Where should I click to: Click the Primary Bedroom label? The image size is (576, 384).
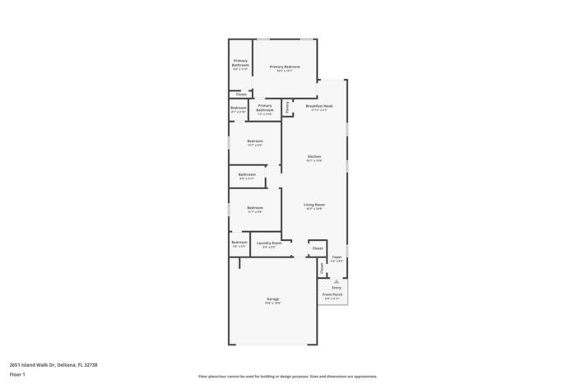point(285,67)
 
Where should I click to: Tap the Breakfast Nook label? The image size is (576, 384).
point(318,106)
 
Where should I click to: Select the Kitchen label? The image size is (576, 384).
point(314,156)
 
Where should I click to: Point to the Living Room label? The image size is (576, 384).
point(314,205)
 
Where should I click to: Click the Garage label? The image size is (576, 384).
point(272,298)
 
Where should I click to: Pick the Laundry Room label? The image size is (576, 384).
point(269,243)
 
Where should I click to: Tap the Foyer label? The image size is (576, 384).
point(337,257)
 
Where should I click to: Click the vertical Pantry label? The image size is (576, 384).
point(287,106)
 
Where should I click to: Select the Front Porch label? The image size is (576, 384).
point(332,294)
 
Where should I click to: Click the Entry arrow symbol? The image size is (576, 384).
point(337,280)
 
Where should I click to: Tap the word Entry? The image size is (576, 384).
point(337,287)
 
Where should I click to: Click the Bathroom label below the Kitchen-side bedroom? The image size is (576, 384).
point(247,174)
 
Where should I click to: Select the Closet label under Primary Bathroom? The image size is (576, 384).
point(241,95)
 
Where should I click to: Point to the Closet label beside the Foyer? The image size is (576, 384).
point(318,248)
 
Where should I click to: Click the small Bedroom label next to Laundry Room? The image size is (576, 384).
point(239,243)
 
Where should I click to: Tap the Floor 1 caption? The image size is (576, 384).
point(17,375)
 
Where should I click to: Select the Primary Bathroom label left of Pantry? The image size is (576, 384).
point(265,109)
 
